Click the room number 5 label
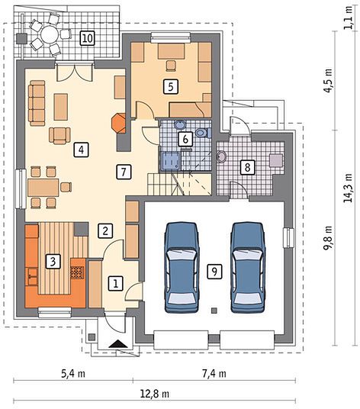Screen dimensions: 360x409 pyautogui.click(x=171, y=86)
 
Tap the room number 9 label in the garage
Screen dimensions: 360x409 pyautogui.click(x=214, y=272)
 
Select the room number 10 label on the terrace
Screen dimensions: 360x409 pyautogui.click(x=87, y=38)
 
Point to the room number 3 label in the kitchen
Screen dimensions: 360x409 pyautogui.click(x=53, y=262)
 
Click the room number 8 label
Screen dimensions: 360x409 pyautogui.click(x=247, y=166)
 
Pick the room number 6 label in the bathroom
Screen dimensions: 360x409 pyautogui.click(x=185, y=139)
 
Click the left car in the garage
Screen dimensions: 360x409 pyautogui.click(x=182, y=267)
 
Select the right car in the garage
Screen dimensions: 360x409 pyautogui.click(x=248, y=267)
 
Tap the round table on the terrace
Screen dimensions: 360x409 pyautogui.click(x=50, y=34)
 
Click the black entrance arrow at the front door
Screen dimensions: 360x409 pyautogui.click(x=118, y=344)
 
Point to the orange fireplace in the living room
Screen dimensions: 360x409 pyautogui.click(x=119, y=123)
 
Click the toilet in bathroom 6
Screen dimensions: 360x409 pyautogui.click(x=203, y=133)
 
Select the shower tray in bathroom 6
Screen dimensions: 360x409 pyautogui.click(x=171, y=161)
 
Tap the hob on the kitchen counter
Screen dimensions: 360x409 pyautogui.click(x=78, y=272)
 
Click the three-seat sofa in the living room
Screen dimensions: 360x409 pyautogui.click(x=37, y=103)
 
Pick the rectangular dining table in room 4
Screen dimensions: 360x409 pyautogui.click(x=43, y=188)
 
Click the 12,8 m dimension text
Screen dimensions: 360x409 pyautogui.click(x=155, y=393)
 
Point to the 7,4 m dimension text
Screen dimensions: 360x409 pyautogui.click(x=214, y=374)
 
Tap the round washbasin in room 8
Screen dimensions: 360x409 pyautogui.click(x=222, y=157)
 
